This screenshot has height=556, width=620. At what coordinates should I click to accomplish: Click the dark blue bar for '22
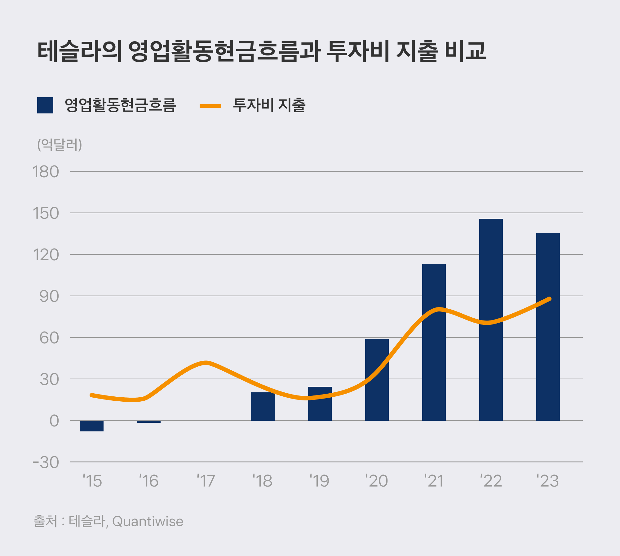click(491, 319)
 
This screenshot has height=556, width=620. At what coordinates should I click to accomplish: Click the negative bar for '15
click(92, 426)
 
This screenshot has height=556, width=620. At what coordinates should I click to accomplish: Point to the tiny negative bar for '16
click(149, 422)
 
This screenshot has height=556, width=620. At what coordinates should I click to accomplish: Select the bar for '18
click(263, 406)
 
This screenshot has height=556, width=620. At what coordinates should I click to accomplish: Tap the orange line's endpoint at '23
click(549, 299)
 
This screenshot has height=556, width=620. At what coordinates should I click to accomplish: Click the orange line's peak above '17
click(206, 363)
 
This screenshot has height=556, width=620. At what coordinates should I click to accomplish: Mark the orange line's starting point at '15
click(92, 395)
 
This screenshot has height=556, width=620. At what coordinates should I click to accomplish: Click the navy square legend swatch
click(45, 105)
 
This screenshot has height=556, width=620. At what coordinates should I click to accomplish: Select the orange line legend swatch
click(210, 106)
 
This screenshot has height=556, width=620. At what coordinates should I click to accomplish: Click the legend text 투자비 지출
click(269, 105)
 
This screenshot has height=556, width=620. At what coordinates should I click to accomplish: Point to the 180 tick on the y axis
click(46, 172)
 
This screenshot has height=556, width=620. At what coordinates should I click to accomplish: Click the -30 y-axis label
click(46, 462)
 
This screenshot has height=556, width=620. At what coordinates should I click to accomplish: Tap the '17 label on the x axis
click(206, 481)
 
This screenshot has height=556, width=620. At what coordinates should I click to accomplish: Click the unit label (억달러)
click(60, 145)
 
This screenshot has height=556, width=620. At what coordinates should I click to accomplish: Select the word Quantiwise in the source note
click(148, 521)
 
